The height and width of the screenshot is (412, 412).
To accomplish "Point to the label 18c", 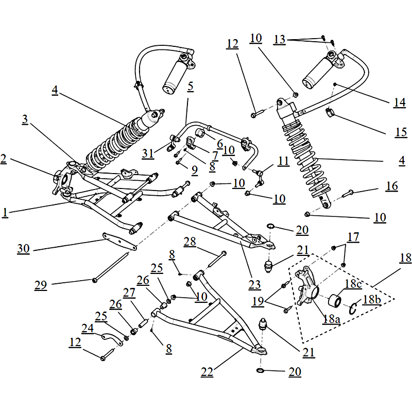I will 353,284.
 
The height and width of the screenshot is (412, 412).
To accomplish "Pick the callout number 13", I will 280,39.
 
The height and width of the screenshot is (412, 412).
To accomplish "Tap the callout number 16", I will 392,186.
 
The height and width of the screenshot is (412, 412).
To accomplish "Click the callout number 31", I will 148,152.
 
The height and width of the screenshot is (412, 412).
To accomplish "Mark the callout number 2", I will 4,160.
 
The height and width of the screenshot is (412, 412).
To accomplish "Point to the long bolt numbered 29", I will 111,267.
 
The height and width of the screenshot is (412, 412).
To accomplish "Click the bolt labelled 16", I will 348,194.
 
